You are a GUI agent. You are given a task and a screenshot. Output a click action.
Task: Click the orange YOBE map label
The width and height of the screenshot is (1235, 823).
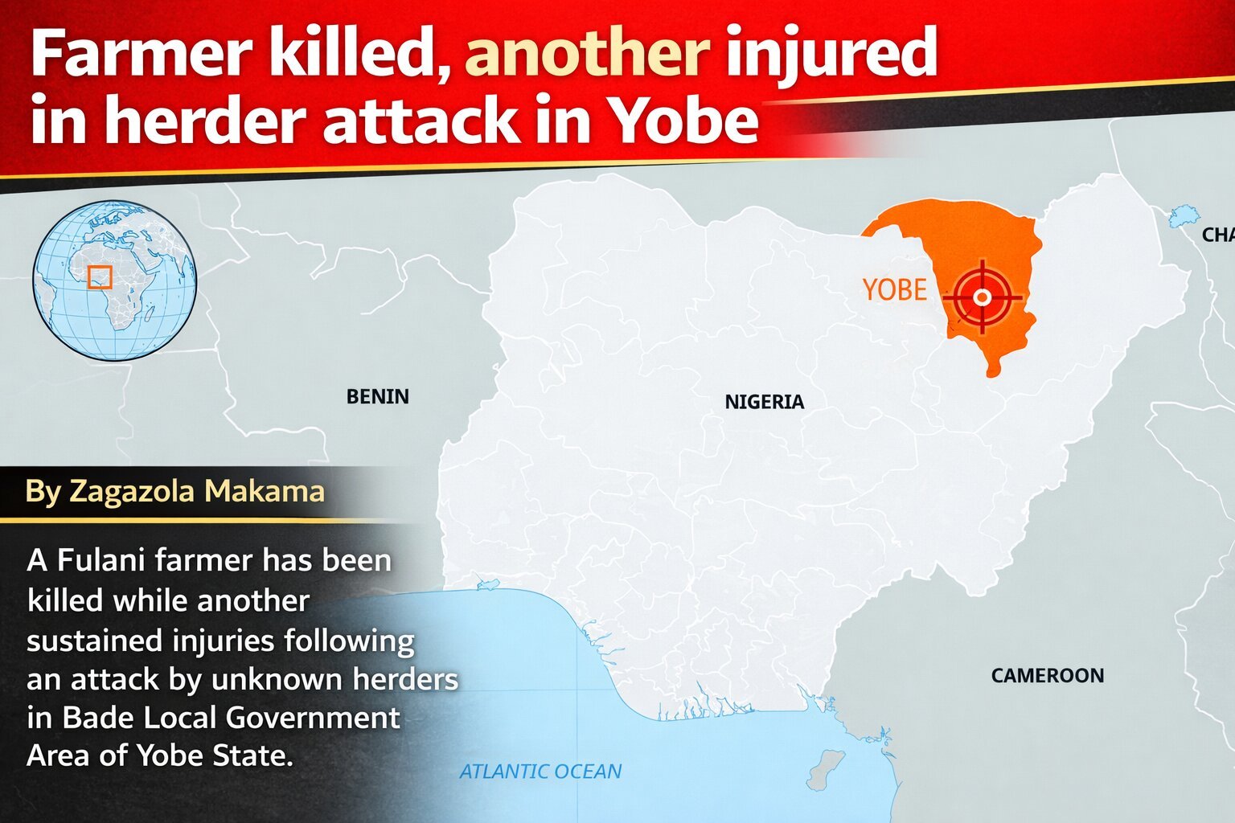(x=894, y=289)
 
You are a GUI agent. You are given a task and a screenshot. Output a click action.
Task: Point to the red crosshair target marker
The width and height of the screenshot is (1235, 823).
(x=981, y=297)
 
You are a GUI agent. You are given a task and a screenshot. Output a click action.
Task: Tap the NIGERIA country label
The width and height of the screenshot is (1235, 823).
(x=764, y=402)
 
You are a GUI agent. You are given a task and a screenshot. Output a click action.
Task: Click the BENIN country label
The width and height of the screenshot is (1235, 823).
(x=377, y=396)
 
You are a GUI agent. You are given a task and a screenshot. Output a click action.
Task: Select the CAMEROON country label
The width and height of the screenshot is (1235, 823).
(x=1047, y=676)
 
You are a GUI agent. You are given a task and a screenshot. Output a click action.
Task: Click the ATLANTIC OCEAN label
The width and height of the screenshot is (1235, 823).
(x=540, y=772)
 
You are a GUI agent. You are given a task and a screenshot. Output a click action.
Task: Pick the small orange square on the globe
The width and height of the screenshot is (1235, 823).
(x=100, y=277)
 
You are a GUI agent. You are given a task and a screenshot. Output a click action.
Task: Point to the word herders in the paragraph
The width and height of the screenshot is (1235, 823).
(x=405, y=679)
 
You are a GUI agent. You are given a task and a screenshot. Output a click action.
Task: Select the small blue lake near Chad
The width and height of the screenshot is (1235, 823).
(x=1183, y=215)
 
